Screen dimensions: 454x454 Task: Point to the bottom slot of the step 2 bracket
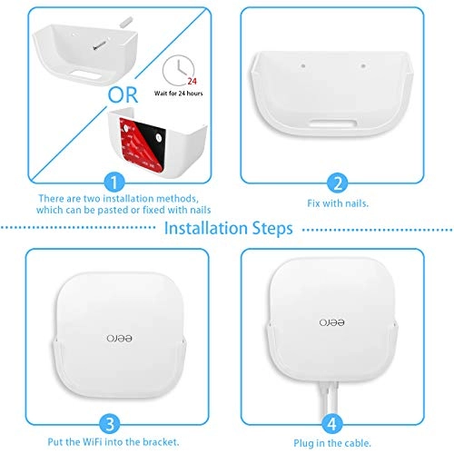334,121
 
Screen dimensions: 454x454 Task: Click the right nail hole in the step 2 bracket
362,66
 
